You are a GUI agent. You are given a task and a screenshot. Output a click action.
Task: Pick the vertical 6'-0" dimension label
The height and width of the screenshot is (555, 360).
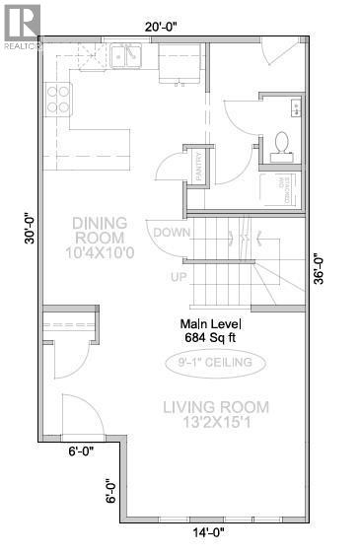point(111,490)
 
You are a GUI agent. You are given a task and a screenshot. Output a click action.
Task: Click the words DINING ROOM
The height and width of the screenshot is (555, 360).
point(98,229)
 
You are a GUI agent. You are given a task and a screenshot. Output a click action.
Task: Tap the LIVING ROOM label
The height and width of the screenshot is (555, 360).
point(216,406)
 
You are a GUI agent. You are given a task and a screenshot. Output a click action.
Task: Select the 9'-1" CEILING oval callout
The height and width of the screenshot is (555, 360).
point(215,364)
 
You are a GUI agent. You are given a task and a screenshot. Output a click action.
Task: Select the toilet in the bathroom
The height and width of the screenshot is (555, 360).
point(281,144)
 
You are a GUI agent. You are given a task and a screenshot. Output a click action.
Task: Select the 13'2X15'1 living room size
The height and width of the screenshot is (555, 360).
point(216,424)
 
